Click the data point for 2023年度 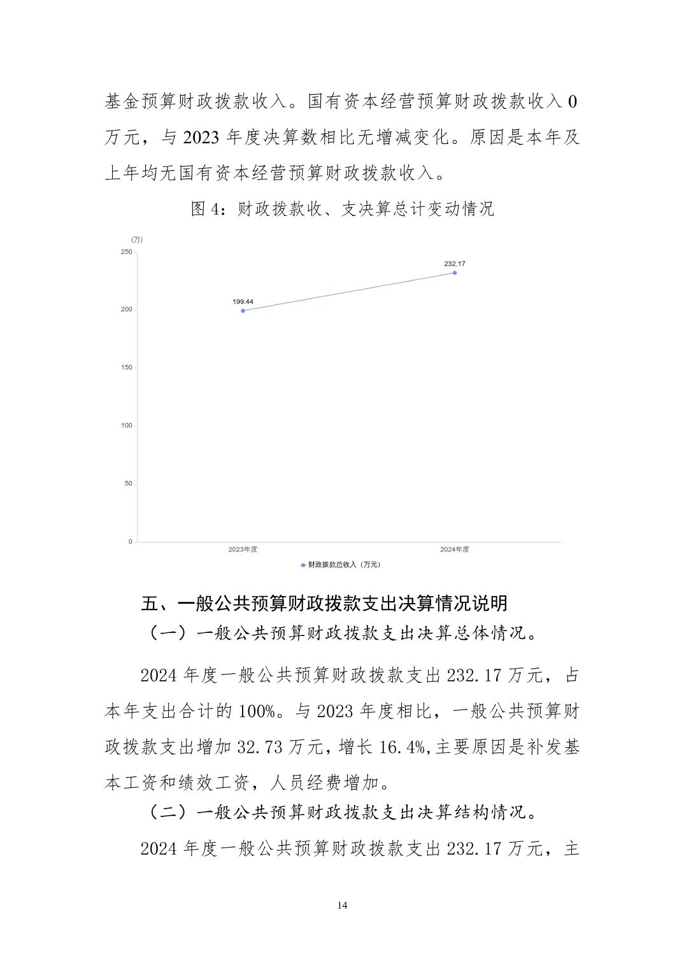click(x=243, y=311)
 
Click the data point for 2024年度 click(x=454, y=273)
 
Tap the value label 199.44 click(x=243, y=301)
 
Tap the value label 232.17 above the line click(x=454, y=263)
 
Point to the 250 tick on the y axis click(x=126, y=252)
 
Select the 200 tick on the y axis click(x=126, y=310)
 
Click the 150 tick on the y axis click(x=126, y=367)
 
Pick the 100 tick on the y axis click(x=126, y=425)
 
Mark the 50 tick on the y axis click(x=128, y=483)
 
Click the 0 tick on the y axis click(x=130, y=541)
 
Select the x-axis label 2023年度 click(x=243, y=550)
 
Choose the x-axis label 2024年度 click(x=454, y=550)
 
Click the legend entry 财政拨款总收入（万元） click(x=341, y=565)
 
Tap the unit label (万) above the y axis click(x=137, y=240)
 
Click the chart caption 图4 click(x=342, y=209)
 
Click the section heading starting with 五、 click(x=324, y=603)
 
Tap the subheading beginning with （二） click(x=342, y=812)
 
